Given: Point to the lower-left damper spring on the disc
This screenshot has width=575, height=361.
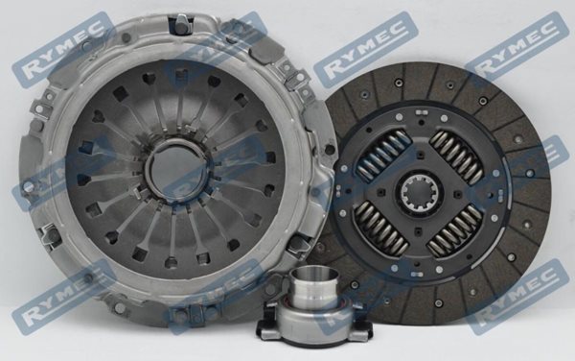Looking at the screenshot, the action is (x=381, y=229).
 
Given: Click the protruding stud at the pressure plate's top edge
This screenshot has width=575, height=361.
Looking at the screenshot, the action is (x=181, y=23).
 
